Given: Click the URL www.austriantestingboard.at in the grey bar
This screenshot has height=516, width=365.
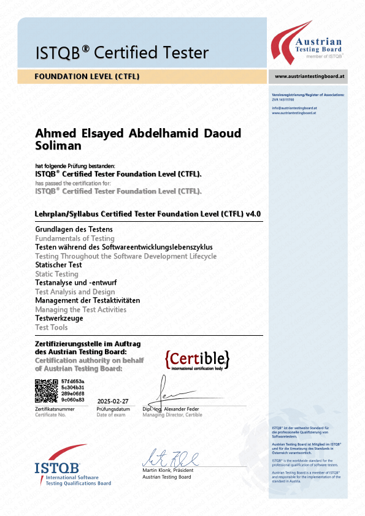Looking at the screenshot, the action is pos(309,77).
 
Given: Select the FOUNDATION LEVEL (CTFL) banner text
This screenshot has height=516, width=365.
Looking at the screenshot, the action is pos(87,77).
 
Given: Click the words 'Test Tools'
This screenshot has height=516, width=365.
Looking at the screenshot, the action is pos(52,327).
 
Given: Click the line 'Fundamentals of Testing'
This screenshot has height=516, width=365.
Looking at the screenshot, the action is pos(75,238).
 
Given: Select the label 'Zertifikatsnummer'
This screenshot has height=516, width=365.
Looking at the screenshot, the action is pos(55,409).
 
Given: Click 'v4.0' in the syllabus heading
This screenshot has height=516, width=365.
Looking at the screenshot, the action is pos(253,214).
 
